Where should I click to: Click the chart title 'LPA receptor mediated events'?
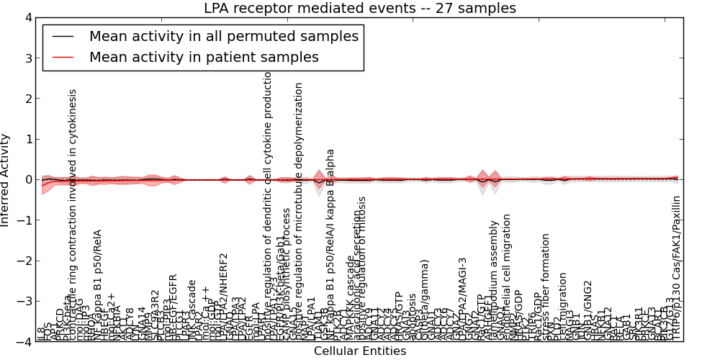tap(360, 9)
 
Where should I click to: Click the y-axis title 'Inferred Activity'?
tap(6, 180)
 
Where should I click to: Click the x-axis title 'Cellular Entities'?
tap(360, 351)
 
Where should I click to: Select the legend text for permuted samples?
tap(223, 36)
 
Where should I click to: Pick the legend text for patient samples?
tap(204, 57)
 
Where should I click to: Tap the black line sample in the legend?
tap(63, 37)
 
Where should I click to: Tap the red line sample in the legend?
tap(63, 58)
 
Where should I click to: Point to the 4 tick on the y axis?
tap(27, 17)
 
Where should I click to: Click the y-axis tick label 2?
tap(27, 99)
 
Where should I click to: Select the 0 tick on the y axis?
tap(27, 180)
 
